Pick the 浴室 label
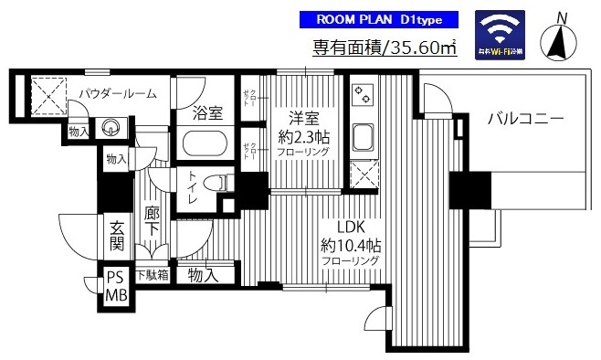click(x=208, y=114)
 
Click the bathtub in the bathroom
click(x=208, y=144)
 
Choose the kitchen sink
click(x=362, y=138)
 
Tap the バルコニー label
click(x=524, y=118)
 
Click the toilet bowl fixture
click(x=214, y=183)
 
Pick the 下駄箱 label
click(x=152, y=274)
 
